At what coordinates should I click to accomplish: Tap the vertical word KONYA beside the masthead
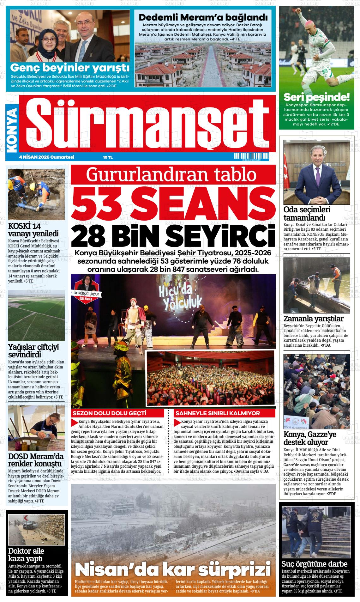pyautogui.click(x=12, y=128)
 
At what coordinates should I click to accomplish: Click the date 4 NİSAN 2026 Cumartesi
pyautogui.click(x=46, y=157)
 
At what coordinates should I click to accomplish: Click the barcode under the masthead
pyautogui.click(x=247, y=156)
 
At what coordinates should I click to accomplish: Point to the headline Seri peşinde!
pyautogui.click(x=316, y=97)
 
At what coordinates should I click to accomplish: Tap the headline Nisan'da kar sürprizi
pyautogui.click(x=173, y=570)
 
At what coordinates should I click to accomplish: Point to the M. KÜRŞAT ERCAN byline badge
pyautogui.click(x=86, y=293)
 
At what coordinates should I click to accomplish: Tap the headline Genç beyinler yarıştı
pyautogui.click(x=70, y=68)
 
